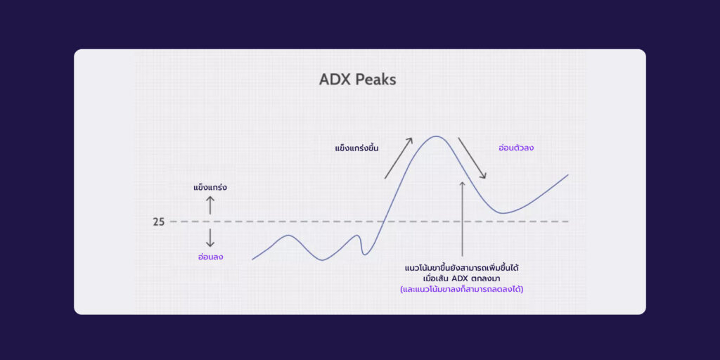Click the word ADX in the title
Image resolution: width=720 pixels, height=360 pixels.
(x=334, y=80)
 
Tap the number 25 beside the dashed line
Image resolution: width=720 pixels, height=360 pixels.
(x=159, y=221)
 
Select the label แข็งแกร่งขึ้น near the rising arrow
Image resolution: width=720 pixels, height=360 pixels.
(x=356, y=148)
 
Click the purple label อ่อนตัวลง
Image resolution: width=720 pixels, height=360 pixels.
(x=516, y=148)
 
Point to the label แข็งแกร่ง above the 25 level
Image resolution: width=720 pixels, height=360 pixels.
(x=210, y=187)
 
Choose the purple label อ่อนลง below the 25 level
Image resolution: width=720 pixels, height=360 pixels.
(x=210, y=257)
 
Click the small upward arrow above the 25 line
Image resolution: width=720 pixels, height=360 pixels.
(x=210, y=205)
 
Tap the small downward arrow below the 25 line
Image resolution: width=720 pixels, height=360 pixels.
(x=210, y=238)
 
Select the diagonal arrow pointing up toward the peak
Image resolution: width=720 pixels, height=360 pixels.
(x=399, y=158)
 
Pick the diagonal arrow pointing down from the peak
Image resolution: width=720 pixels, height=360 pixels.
(x=472, y=158)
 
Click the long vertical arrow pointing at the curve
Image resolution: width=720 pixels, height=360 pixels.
(x=463, y=219)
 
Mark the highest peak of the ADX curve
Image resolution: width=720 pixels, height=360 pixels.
(x=436, y=136)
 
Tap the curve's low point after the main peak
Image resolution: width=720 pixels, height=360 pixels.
(x=503, y=213)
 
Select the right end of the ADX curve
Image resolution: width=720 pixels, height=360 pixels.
(x=568, y=175)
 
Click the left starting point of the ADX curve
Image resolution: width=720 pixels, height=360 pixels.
(x=252, y=259)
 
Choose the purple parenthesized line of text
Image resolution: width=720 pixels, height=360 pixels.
(x=462, y=290)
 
